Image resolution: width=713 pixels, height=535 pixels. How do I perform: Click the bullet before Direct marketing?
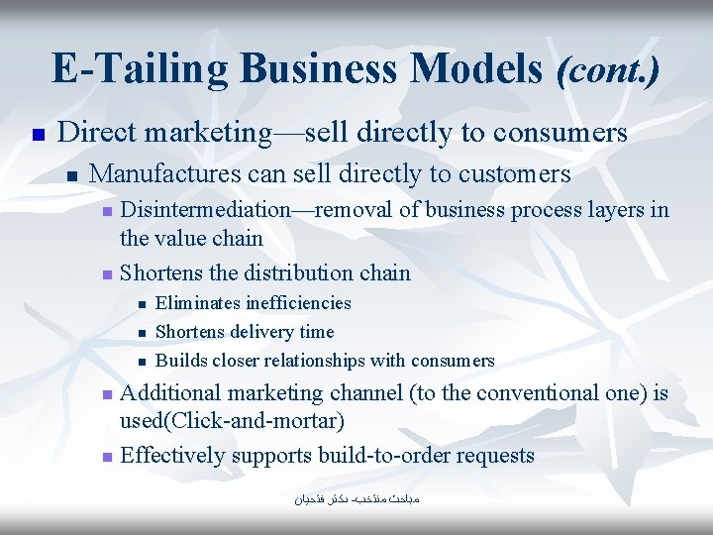(x=37, y=134)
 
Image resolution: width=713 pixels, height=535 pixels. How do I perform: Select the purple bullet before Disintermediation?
(x=109, y=212)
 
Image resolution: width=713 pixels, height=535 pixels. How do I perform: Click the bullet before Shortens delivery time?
(x=142, y=333)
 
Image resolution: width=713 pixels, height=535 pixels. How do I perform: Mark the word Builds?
(x=178, y=361)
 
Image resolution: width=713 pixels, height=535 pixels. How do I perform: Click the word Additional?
(x=167, y=393)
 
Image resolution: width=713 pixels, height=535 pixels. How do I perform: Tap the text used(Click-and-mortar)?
(x=232, y=422)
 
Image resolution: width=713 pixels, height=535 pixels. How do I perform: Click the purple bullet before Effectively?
(x=109, y=458)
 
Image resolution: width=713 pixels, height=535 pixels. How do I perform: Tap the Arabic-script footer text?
(x=356, y=500)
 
